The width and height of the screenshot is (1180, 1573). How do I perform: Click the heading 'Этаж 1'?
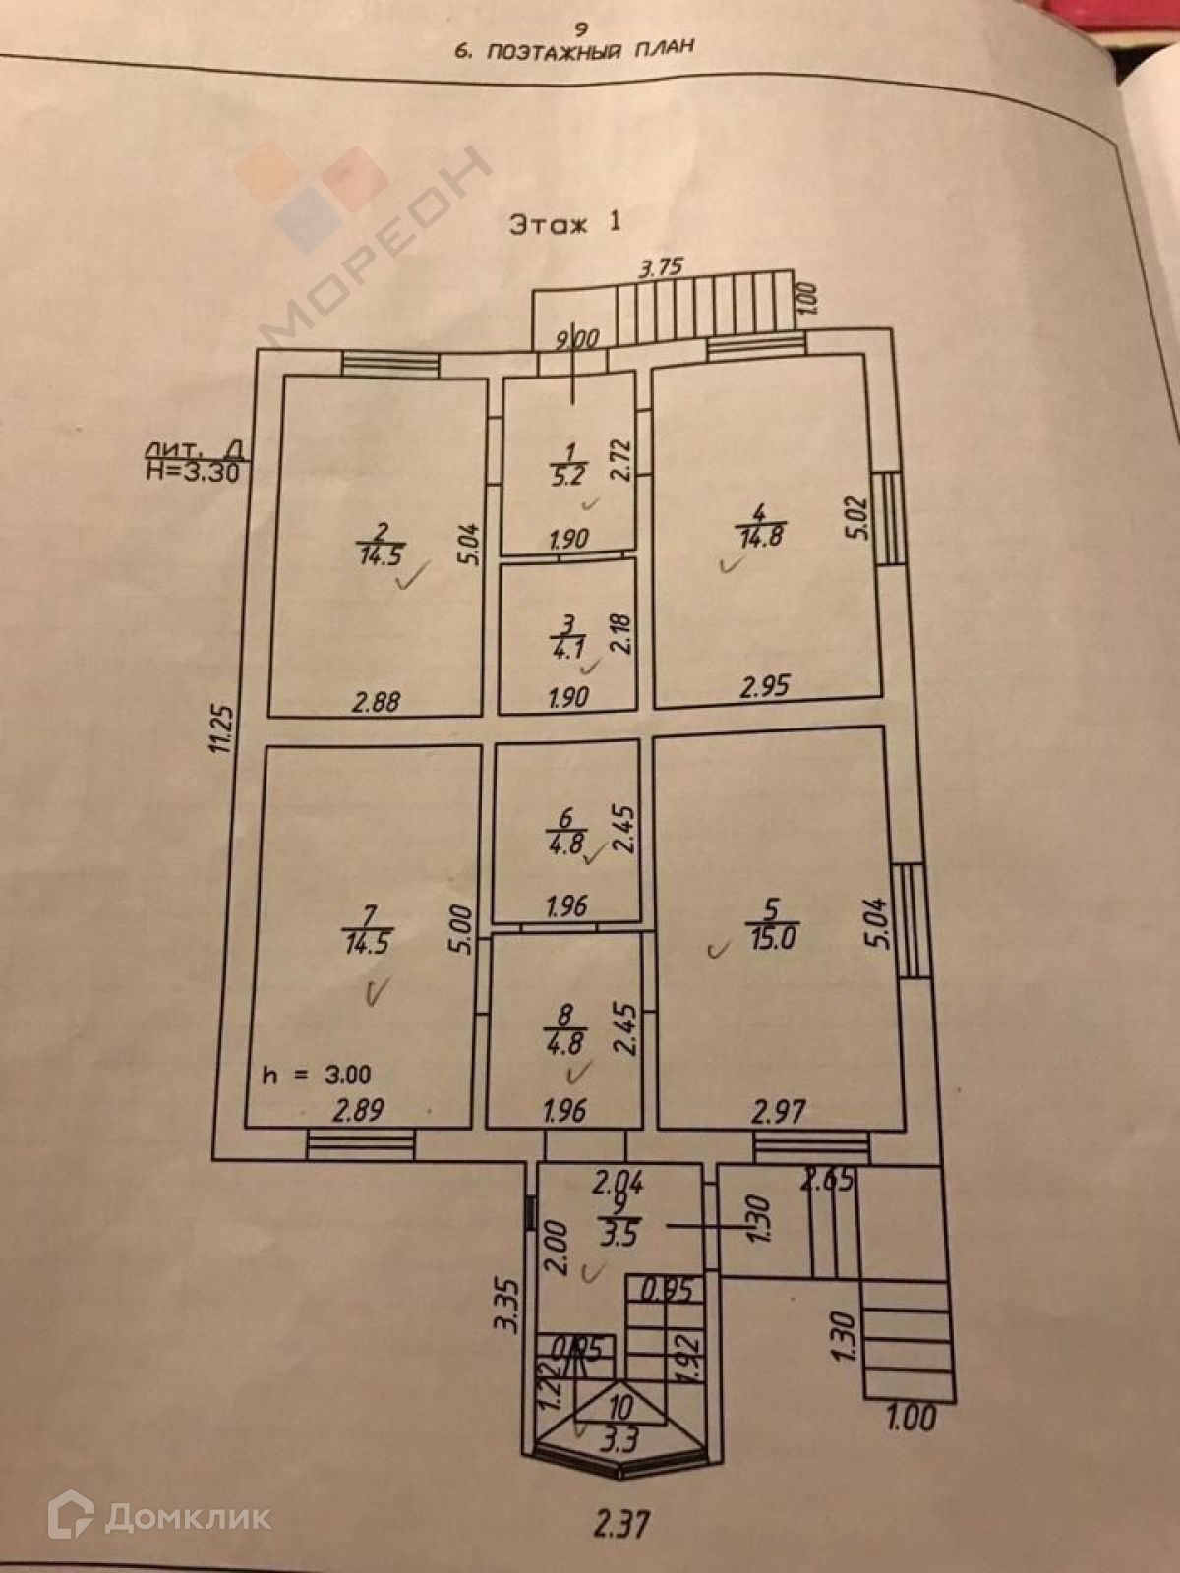tap(565, 223)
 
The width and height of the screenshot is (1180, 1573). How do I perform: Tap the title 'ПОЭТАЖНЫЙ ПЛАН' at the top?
tap(575, 48)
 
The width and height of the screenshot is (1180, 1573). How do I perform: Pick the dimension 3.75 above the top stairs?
tap(660, 267)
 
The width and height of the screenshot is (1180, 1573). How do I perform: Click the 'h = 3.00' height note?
tap(317, 1075)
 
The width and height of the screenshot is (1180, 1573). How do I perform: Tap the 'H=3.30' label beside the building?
tap(192, 469)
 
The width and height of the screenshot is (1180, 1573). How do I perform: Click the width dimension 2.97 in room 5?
tap(778, 1113)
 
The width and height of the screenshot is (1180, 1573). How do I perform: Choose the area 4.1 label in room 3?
tap(567, 648)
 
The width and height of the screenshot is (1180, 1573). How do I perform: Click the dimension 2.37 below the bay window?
tap(621, 1524)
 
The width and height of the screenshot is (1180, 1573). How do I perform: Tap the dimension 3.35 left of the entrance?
tap(507, 1305)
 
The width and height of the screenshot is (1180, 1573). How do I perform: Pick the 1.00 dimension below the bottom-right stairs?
tap(912, 1419)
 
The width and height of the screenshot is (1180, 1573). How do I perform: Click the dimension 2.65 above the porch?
tap(827, 1181)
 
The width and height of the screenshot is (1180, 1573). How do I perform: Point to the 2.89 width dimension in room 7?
tap(358, 1112)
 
